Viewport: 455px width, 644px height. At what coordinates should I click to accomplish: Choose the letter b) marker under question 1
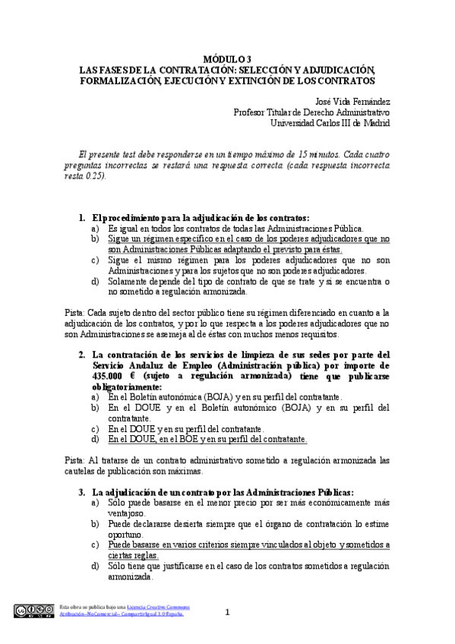click(95, 238)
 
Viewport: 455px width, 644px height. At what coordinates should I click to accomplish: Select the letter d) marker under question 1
click(95, 281)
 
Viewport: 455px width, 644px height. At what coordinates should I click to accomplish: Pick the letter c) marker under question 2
click(95, 428)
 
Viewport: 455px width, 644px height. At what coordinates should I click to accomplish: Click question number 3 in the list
click(82, 491)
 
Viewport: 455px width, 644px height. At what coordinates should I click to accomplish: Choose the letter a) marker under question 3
click(95, 502)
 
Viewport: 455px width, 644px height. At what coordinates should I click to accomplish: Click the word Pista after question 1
click(74, 312)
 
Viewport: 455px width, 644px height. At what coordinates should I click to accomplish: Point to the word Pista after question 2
click(74, 460)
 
